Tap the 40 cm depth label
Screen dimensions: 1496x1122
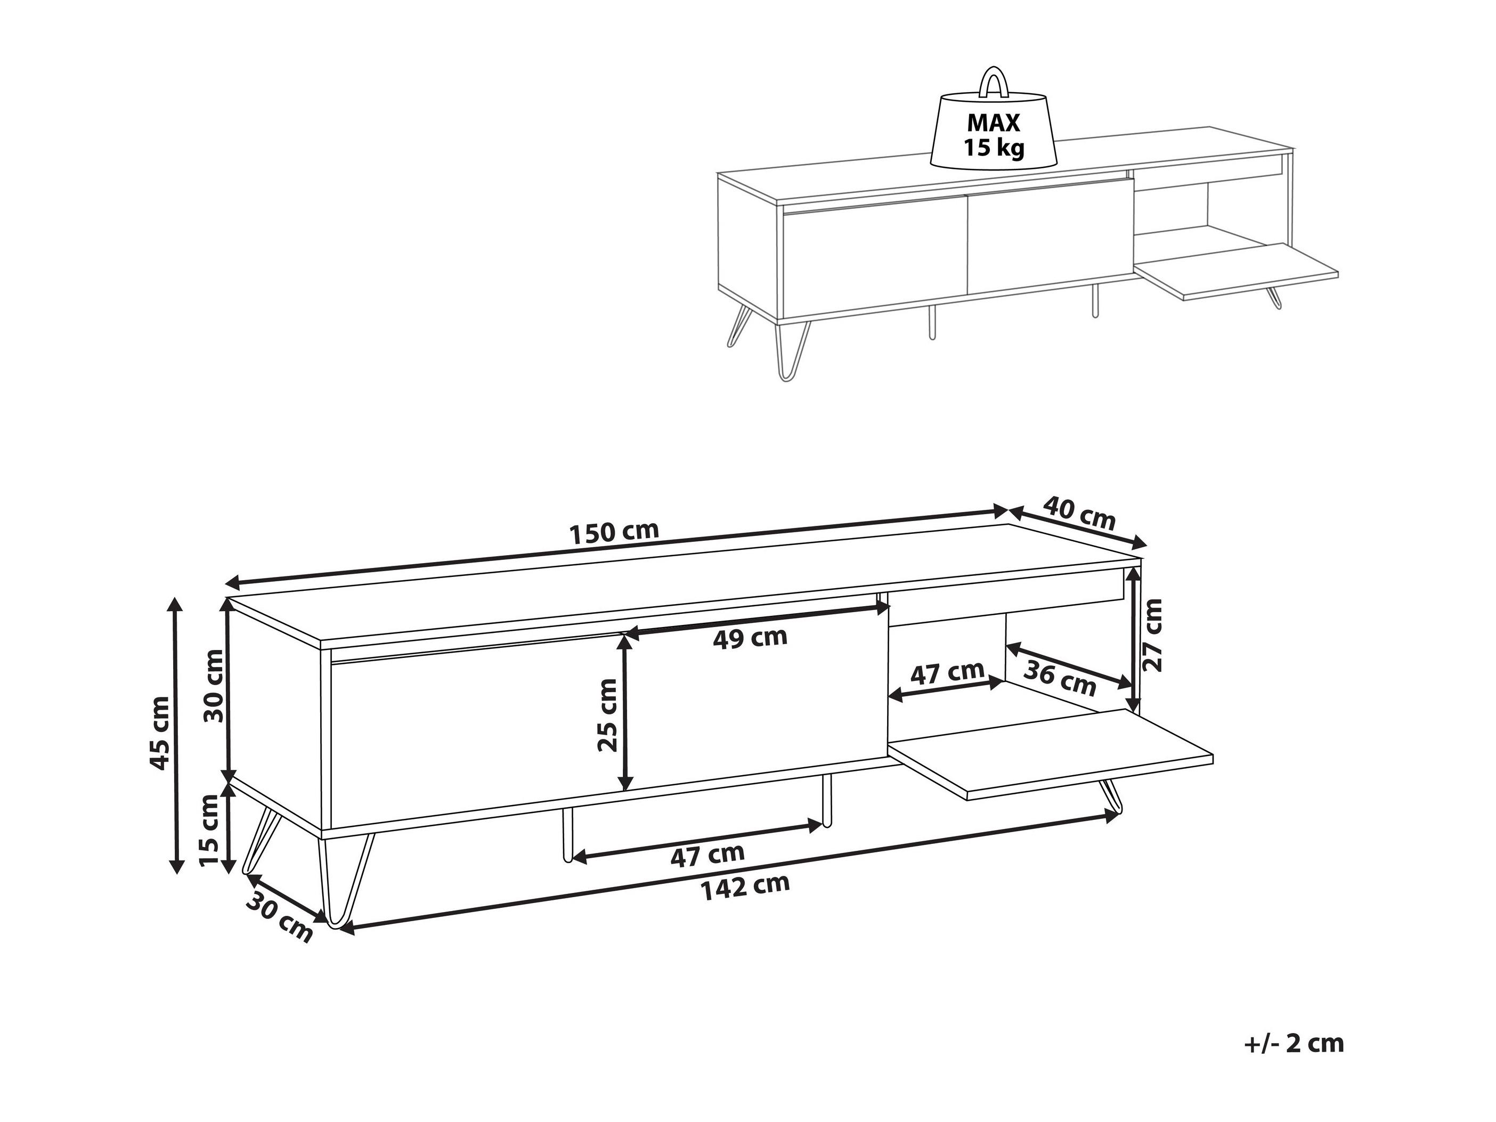click(x=1079, y=513)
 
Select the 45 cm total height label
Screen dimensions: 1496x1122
click(x=160, y=733)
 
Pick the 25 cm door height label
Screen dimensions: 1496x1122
click(x=607, y=716)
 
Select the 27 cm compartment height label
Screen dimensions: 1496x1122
click(x=1151, y=635)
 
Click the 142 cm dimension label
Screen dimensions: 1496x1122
click(x=745, y=887)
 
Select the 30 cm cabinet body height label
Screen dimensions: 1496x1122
click(x=214, y=685)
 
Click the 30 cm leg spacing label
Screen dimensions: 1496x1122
click(x=279, y=917)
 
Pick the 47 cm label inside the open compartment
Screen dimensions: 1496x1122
click(x=947, y=672)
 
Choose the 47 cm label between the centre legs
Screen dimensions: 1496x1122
click(x=707, y=855)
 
